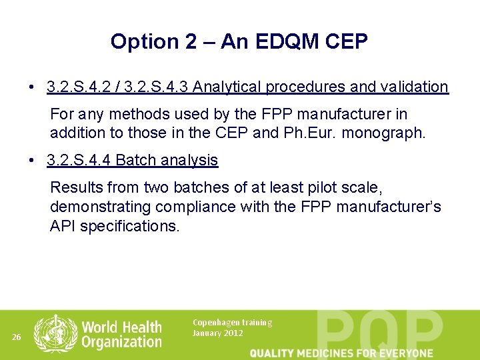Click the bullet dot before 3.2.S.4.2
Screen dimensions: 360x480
click(x=32, y=87)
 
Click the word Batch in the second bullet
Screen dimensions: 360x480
click(x=135, y=161)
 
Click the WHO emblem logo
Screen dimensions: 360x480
click(x=55, y=335)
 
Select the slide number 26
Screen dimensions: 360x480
click(x=17, y=337)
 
